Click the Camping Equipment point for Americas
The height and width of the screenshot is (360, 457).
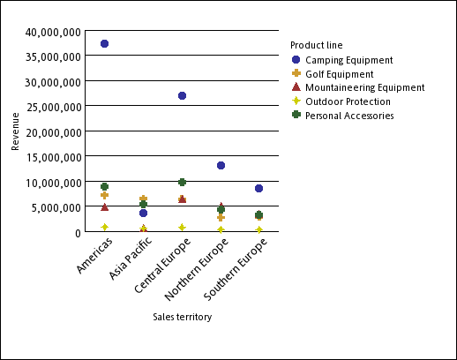(x=104, y=43)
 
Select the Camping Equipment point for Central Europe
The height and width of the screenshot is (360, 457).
(x=182, y=95)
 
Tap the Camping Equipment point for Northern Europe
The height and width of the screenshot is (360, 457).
(x=221, y=165)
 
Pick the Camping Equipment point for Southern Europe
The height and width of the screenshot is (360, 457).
(x=258, y=188)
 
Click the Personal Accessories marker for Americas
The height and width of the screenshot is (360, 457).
(x=104, y=187)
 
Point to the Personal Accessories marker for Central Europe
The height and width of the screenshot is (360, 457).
(x=182, y=182)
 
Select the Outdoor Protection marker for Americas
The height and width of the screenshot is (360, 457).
(x=104, y=227)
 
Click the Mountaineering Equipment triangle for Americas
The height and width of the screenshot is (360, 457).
(x=104, y=207)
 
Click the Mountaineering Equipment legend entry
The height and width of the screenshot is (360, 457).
(x=364, y=87)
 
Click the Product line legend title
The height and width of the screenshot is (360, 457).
(x=316, y=45)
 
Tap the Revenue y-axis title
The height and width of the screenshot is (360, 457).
(x=15, y=131)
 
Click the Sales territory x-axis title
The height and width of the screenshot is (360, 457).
(x=182, y=317)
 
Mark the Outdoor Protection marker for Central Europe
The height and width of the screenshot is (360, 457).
(x=182, y=228)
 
